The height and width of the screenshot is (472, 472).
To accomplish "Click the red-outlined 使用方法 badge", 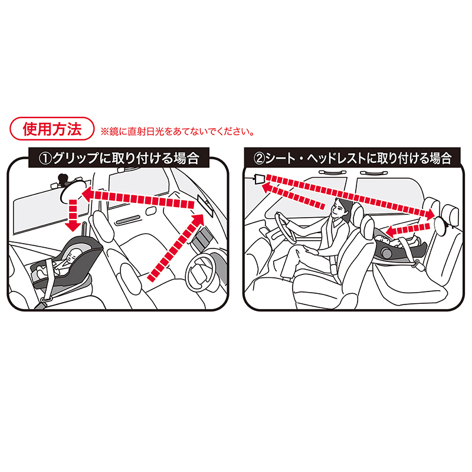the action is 52,129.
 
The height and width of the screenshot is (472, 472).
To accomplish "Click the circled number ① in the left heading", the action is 45,158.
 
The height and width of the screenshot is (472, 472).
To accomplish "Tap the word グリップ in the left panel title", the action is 76,158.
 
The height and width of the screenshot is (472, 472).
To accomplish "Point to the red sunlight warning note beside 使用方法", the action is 178,132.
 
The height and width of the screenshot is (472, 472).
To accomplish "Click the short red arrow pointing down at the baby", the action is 73,215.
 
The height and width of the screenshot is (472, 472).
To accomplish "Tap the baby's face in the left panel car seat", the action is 72,256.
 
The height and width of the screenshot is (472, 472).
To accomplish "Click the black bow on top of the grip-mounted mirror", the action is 64,179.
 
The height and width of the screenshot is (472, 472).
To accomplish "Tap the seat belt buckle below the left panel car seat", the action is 46,299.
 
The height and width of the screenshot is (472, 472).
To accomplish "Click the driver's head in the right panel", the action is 340,207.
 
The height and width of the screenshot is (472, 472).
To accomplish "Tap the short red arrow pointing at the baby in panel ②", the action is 408,230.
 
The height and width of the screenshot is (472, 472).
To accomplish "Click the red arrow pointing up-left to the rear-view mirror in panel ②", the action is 293,196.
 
